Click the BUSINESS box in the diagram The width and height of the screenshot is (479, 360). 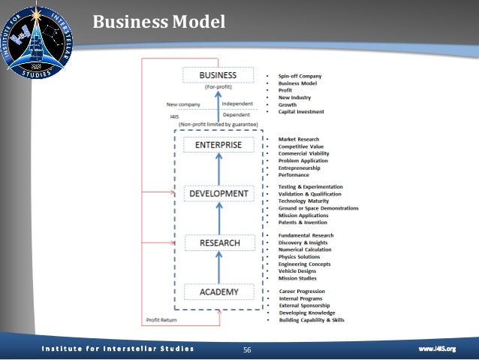(x=217, y=75)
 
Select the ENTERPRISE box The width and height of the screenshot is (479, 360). (x=218, y=144)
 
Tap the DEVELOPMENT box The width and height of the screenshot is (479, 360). (x=218, y=193)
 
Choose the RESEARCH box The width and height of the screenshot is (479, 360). (x=218, y=243)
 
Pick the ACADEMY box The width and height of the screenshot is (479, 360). (x=218, y=292)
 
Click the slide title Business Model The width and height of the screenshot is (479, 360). (x=158, y=22)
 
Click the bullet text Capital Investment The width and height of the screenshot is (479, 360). (x=301, y=111)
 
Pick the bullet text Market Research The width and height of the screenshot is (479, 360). (x=299, y=139)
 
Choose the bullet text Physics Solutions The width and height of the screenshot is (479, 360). (x=299, y=257)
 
